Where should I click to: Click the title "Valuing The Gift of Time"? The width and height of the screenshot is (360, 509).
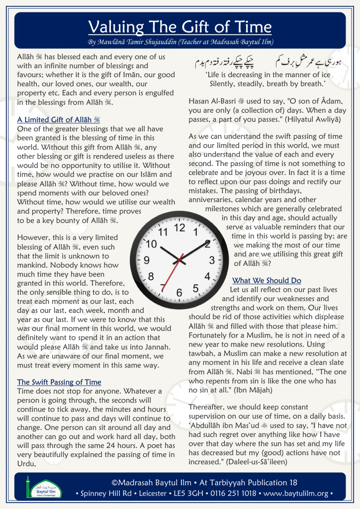point(180,26)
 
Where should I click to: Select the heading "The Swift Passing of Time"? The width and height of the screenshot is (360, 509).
point(59,382)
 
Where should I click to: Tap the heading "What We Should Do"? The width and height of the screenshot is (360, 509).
point(267,280)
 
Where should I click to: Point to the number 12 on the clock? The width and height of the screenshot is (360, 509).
point(180,228)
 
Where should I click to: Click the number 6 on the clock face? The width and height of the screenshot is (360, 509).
point(179,292)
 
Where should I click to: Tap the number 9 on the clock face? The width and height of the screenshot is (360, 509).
point(147,260)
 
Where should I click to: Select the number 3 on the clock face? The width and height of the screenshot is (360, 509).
point(212,260)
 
